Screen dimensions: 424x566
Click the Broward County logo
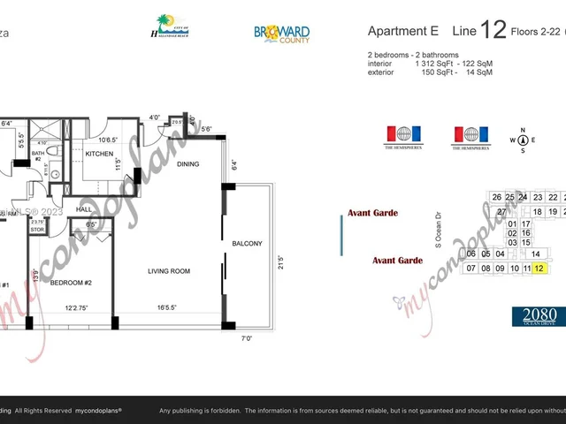[x=281, y=34]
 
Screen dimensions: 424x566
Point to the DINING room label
[x=188, y=163]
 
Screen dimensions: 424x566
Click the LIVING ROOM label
[x=169, y=271]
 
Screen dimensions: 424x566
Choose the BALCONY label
[x=247, y=243]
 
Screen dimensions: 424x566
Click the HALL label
[x=85, y=209]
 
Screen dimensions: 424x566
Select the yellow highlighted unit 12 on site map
[x=539, y=268]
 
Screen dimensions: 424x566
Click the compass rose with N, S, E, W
[x=523, y=140]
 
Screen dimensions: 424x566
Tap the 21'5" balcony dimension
[x=280, y=262]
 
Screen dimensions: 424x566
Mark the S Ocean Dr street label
[x=436, y=229]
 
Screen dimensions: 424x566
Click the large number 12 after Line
[x=492, y=32]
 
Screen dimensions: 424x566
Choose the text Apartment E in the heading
[x=402, y=31]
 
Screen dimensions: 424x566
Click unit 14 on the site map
[x=535, y=254]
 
